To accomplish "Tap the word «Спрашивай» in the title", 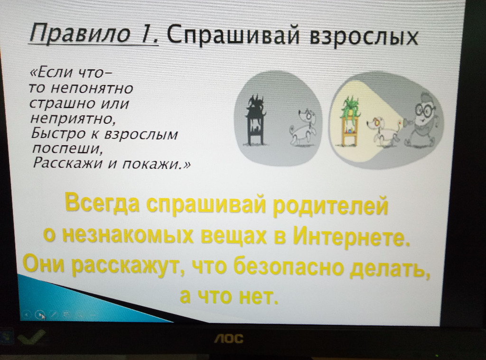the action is (234, 35).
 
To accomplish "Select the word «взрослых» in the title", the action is (364, 37).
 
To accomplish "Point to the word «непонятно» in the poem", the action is (92, 89).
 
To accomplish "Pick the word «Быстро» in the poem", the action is (58, 133).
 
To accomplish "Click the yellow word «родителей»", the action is (330, 204).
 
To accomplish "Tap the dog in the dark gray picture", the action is (303, 127).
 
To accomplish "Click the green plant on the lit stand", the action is (351, 107).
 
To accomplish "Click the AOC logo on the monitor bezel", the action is (229, 339).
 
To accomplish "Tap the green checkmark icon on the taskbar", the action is (31, 337).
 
